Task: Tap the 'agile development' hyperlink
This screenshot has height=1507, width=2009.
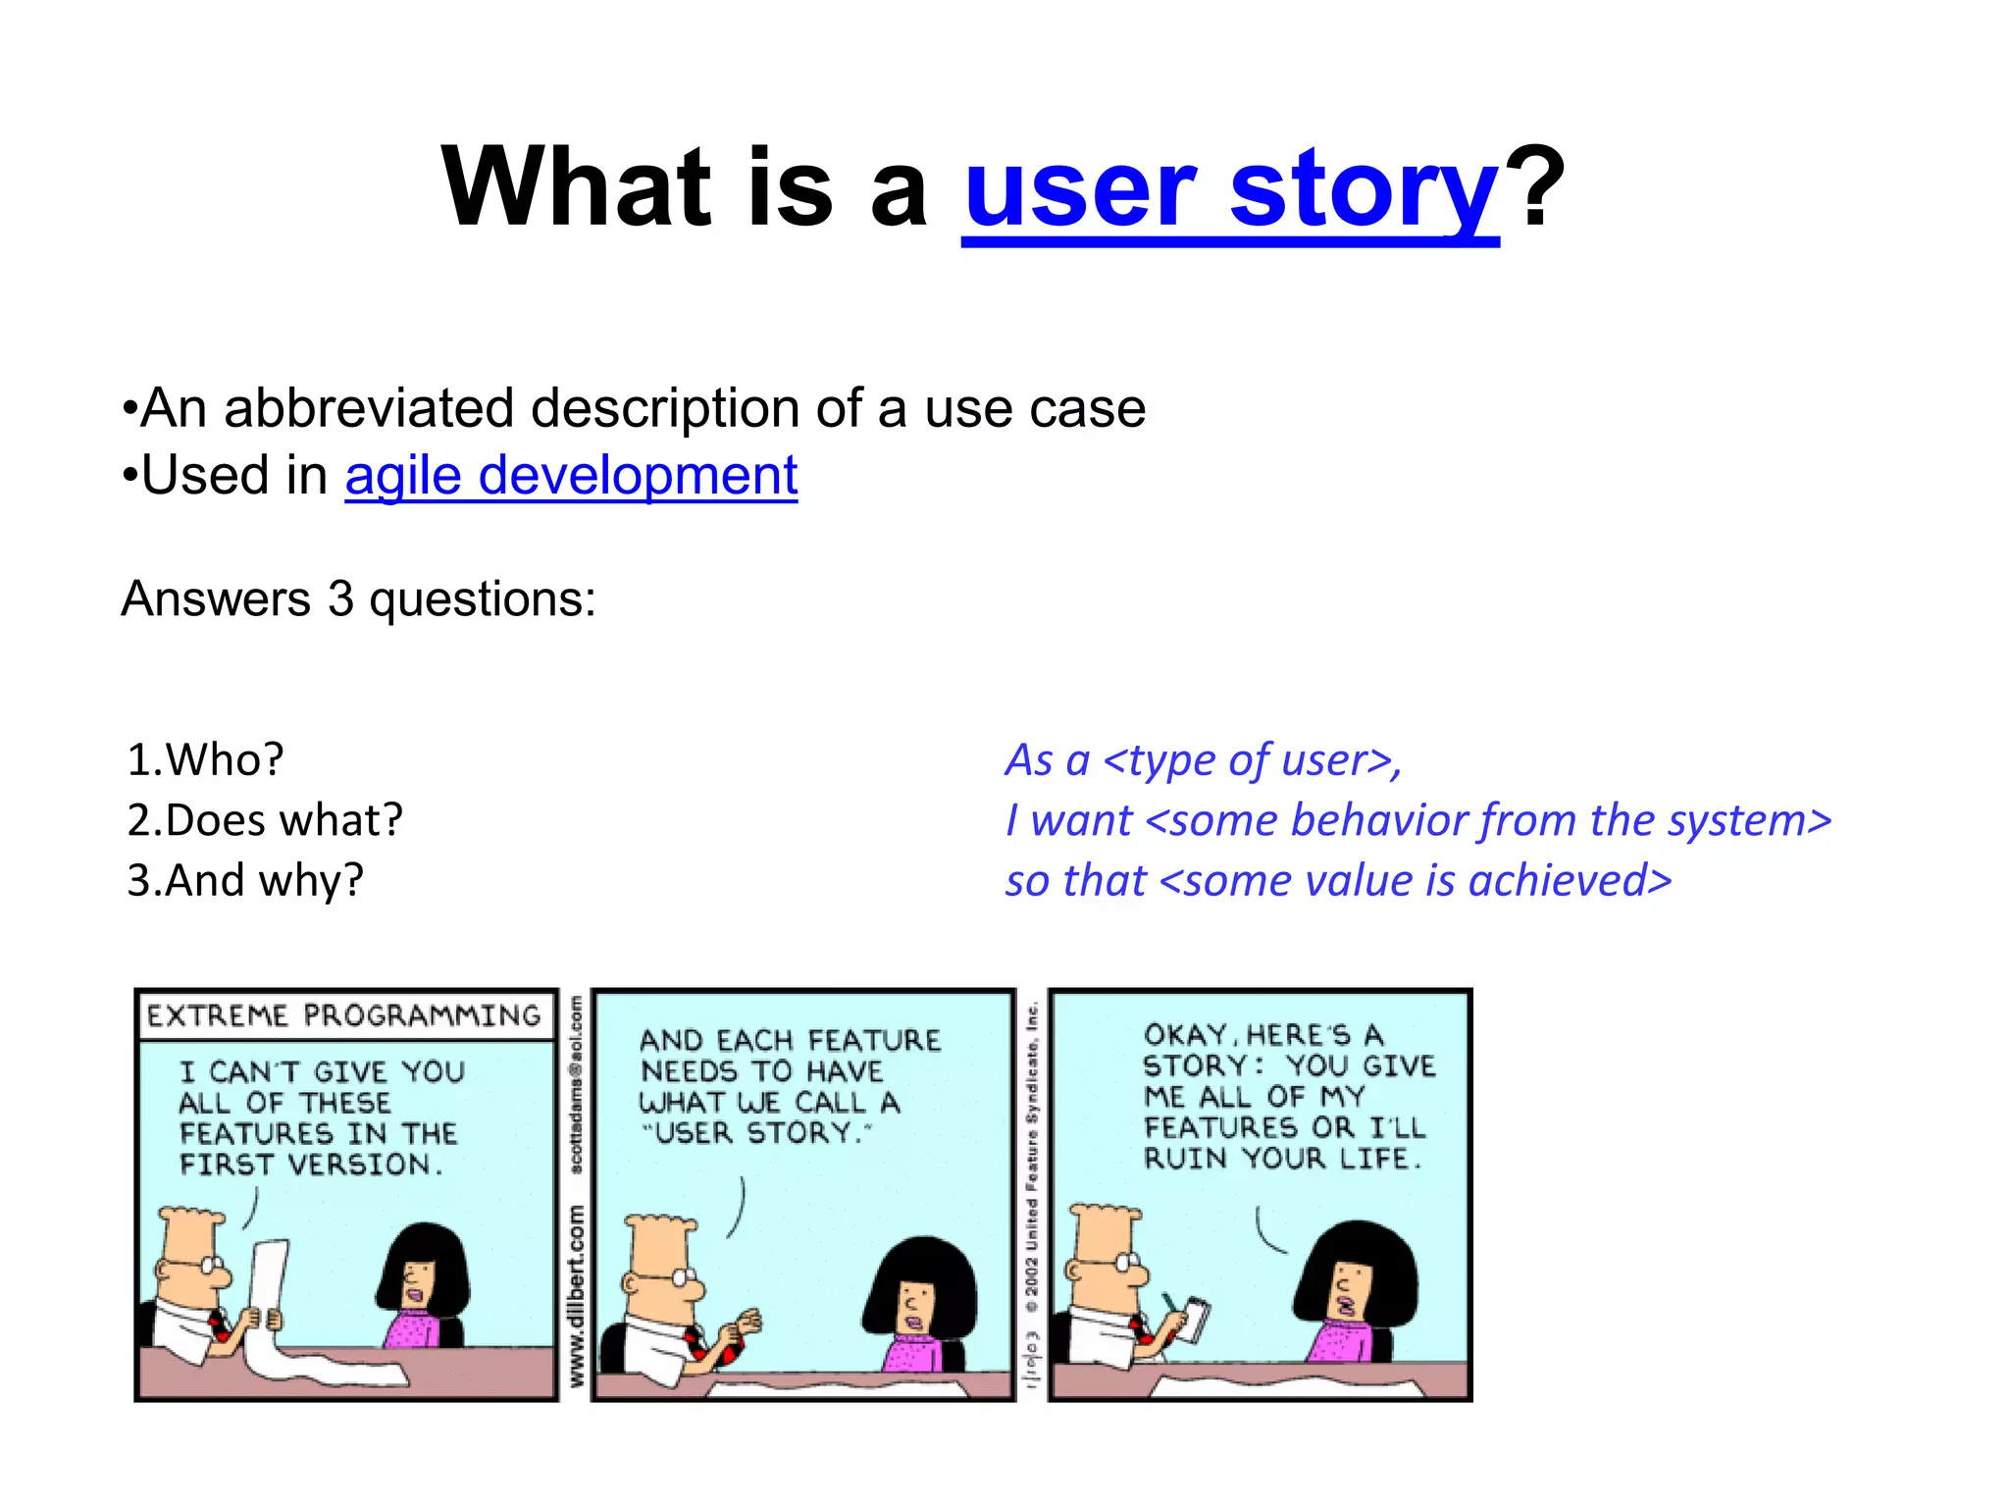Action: (x=571, y=476)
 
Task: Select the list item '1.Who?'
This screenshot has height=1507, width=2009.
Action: (x=205, y=759)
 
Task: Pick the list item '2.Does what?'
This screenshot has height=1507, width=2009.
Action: (x=265, y=820)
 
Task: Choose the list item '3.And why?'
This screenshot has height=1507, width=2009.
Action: (x=245, y=880)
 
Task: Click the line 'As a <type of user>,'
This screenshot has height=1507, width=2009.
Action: (x=1204, y=760)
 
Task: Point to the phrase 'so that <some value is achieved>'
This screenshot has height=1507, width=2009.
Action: (x=1338, y=880)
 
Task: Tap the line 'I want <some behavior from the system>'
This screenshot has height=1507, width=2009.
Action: (x=1417, y=820)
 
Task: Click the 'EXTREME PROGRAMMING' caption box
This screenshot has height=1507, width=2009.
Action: (x=343, y=1015)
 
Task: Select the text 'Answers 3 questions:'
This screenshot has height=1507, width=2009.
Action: (x=358, y=598)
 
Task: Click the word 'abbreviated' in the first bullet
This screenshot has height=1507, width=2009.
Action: (x=369, y=408)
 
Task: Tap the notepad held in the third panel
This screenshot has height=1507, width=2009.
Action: (x=1196, y=1320)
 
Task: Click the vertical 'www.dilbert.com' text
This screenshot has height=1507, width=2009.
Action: (x=576, y=1295)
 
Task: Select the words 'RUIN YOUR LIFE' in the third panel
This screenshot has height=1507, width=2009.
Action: (x=1281, y=1159)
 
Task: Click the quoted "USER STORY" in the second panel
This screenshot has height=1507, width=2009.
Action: (x=756, y=1133)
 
